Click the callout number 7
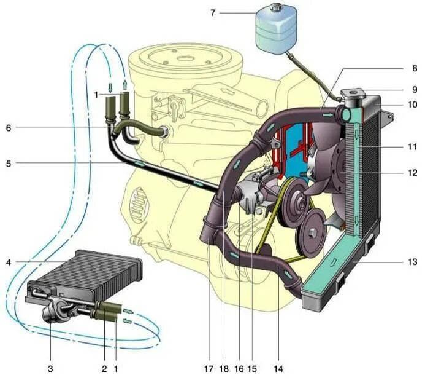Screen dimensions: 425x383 (213, 12)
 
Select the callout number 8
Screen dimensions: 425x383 (415, 68)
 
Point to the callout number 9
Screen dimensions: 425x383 (415, 89)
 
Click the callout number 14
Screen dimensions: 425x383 (279, 369)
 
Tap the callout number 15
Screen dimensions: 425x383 (252, 369)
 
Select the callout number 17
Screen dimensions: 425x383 (209, 369)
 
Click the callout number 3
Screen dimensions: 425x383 (51, 369)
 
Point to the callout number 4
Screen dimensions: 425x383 (9, 263)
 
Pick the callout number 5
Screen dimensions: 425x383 (9, 163)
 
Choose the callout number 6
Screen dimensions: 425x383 (9, 128)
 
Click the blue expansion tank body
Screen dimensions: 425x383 (274, 31)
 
